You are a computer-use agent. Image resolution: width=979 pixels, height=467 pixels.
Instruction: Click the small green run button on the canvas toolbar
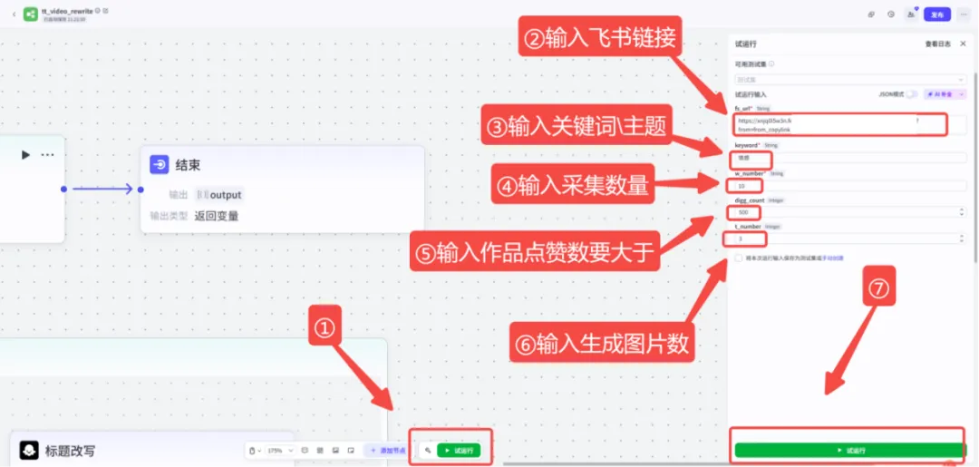point(459,450)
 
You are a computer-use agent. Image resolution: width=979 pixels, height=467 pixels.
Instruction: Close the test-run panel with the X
point(963,43)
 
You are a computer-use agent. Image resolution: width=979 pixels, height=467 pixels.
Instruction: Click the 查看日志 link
point(937,44)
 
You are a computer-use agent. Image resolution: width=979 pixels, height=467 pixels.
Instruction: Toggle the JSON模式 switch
point(910,93)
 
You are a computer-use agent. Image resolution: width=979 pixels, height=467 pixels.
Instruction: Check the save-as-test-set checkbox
point(739,258)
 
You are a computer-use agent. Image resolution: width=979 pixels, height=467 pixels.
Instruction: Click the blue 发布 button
point(936,15)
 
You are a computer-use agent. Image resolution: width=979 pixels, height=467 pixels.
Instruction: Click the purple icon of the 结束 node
point(160,165)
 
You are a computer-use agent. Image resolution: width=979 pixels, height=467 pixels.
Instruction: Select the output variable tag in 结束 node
point(220,195)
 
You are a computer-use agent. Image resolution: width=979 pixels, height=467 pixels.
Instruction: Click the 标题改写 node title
point(71,451)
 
